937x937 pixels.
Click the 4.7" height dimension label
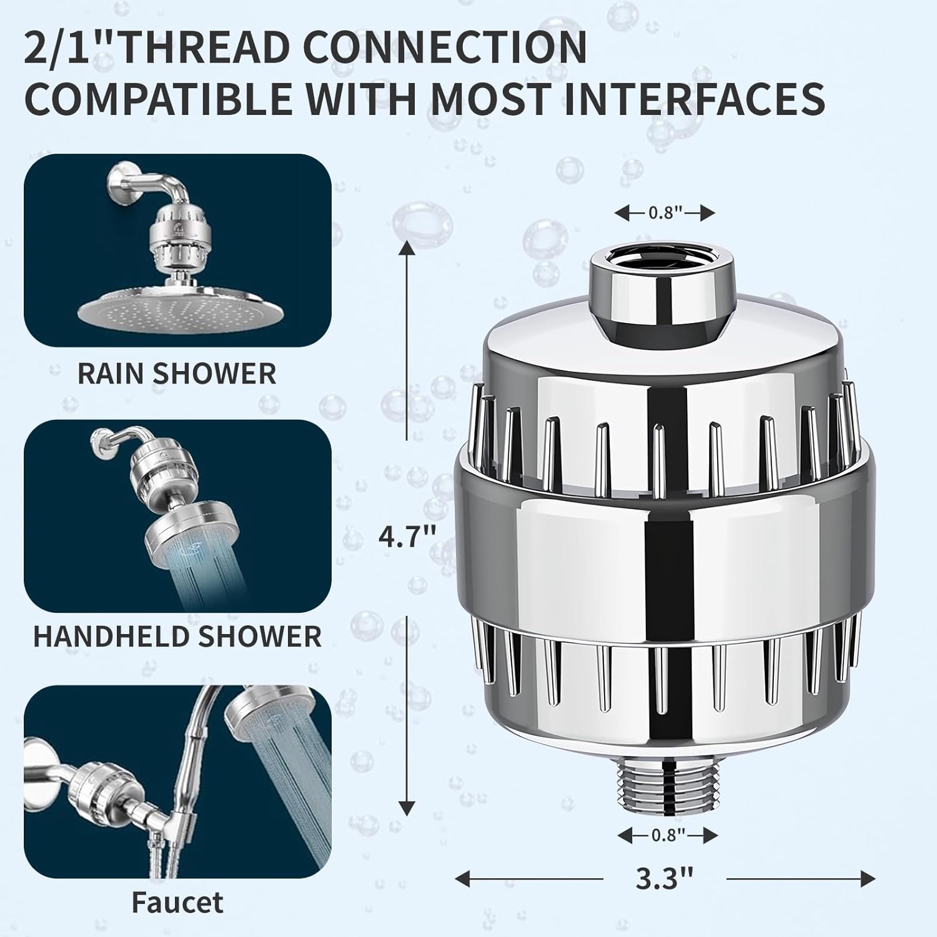[x=405, y=536]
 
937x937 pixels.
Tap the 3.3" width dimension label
[x=665, y=879]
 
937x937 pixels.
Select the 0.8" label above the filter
[x=664, y=213]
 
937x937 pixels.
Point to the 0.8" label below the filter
[x=668, y=835]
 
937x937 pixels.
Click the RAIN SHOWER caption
[x=177, y=374]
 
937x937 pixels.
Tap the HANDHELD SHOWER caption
[x=177, y=637]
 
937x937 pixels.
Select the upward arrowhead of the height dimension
[x=407, y=250]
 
